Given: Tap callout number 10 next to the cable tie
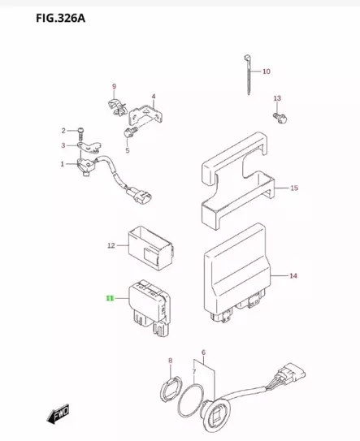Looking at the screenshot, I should tap(266, 71).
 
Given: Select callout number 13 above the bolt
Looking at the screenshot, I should tap(276, 98).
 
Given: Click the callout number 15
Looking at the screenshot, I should tap(293, 188).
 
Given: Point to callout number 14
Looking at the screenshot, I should tap(293, 276).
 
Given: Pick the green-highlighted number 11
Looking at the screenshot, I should tap(109, 299).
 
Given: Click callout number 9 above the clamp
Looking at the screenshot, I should tap(115, 87).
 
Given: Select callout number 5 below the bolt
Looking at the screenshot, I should tap(127, 150).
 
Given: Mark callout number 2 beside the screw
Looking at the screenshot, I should tap(62, 131).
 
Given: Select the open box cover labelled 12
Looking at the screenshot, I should tap(151, 243).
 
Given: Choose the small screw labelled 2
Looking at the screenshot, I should tap(82, 131).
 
